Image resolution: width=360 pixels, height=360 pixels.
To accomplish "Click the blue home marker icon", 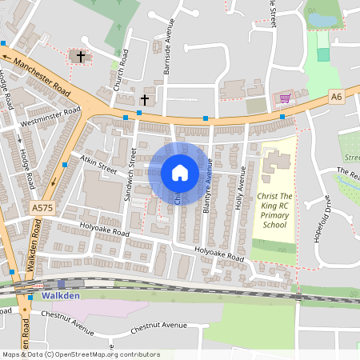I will (180, 173).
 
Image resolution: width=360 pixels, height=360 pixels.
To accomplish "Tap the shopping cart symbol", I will (285, 98).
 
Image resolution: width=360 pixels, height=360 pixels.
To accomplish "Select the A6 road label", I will (337, 96).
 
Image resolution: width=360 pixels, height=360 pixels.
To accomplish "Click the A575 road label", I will (43, 208).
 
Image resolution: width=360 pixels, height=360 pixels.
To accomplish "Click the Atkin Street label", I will (98, 166).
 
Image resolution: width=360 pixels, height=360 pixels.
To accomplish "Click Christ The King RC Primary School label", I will (278, 210).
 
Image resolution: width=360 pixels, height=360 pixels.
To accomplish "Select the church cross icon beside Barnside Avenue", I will (145, 100).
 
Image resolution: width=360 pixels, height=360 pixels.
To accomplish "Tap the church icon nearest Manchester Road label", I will (78, 56).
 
